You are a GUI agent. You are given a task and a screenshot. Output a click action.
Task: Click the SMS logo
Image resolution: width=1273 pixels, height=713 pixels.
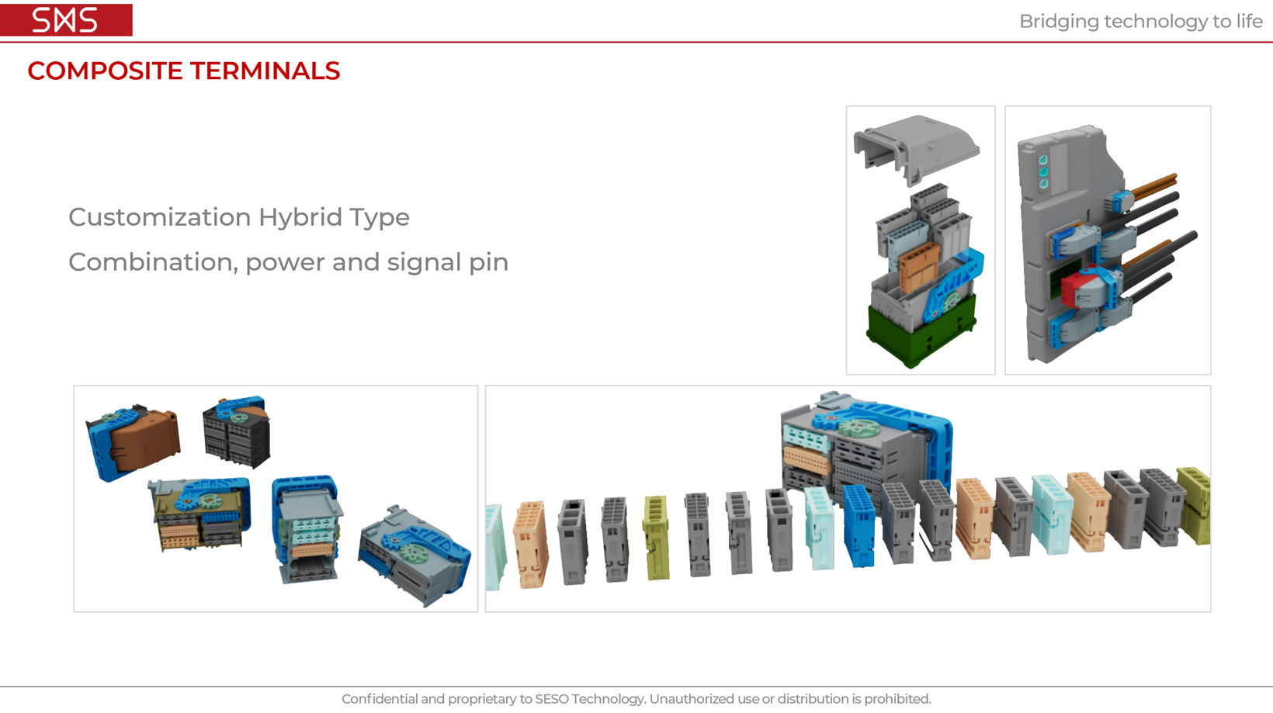66,20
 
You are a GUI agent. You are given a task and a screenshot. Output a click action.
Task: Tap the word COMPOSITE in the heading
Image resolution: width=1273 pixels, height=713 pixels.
105,71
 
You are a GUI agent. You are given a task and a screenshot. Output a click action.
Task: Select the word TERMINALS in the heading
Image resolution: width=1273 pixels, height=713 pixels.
265,71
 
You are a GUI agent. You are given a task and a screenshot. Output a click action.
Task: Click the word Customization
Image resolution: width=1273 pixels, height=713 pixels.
160,217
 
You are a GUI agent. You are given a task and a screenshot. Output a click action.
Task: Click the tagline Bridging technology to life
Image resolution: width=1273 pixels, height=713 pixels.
1140,22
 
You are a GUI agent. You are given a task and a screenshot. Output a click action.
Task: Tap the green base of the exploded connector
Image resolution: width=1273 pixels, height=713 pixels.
922,331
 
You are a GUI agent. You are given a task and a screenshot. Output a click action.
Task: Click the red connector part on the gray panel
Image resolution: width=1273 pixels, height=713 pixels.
1076,289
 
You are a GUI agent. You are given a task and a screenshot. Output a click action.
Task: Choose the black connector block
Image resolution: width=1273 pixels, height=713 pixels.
237,438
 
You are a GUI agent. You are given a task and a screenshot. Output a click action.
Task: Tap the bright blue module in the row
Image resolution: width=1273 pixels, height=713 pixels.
858,525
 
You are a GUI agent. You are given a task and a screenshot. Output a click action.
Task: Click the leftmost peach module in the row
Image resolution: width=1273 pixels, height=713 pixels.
531,544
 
